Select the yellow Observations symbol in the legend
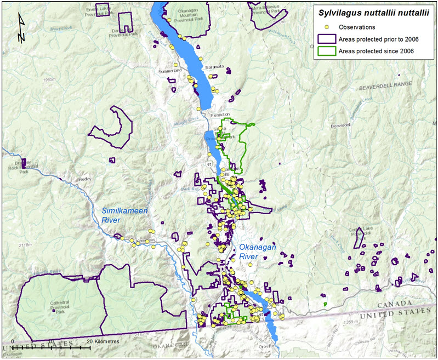(x=327, y=27)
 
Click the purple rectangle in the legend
(x=327, y=39)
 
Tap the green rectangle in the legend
(x=327, y=51)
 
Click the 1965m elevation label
(x=49, y=80)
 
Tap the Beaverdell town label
(x=340, y=125)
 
